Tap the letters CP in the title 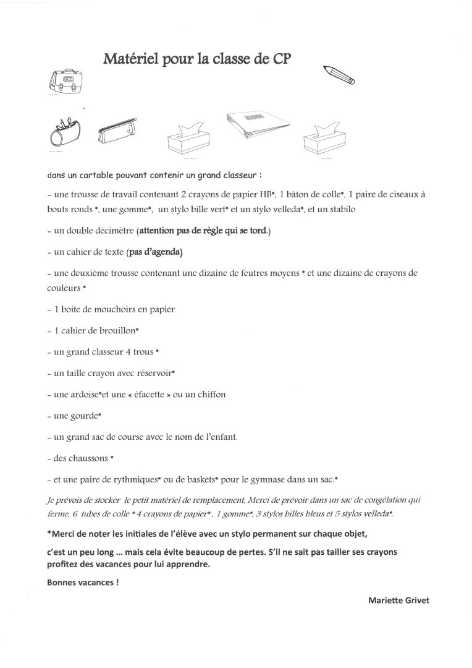[280, 59]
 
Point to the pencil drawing [339, 74]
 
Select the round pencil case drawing [63, 131]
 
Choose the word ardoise [84, 394]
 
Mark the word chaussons [87, 458]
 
